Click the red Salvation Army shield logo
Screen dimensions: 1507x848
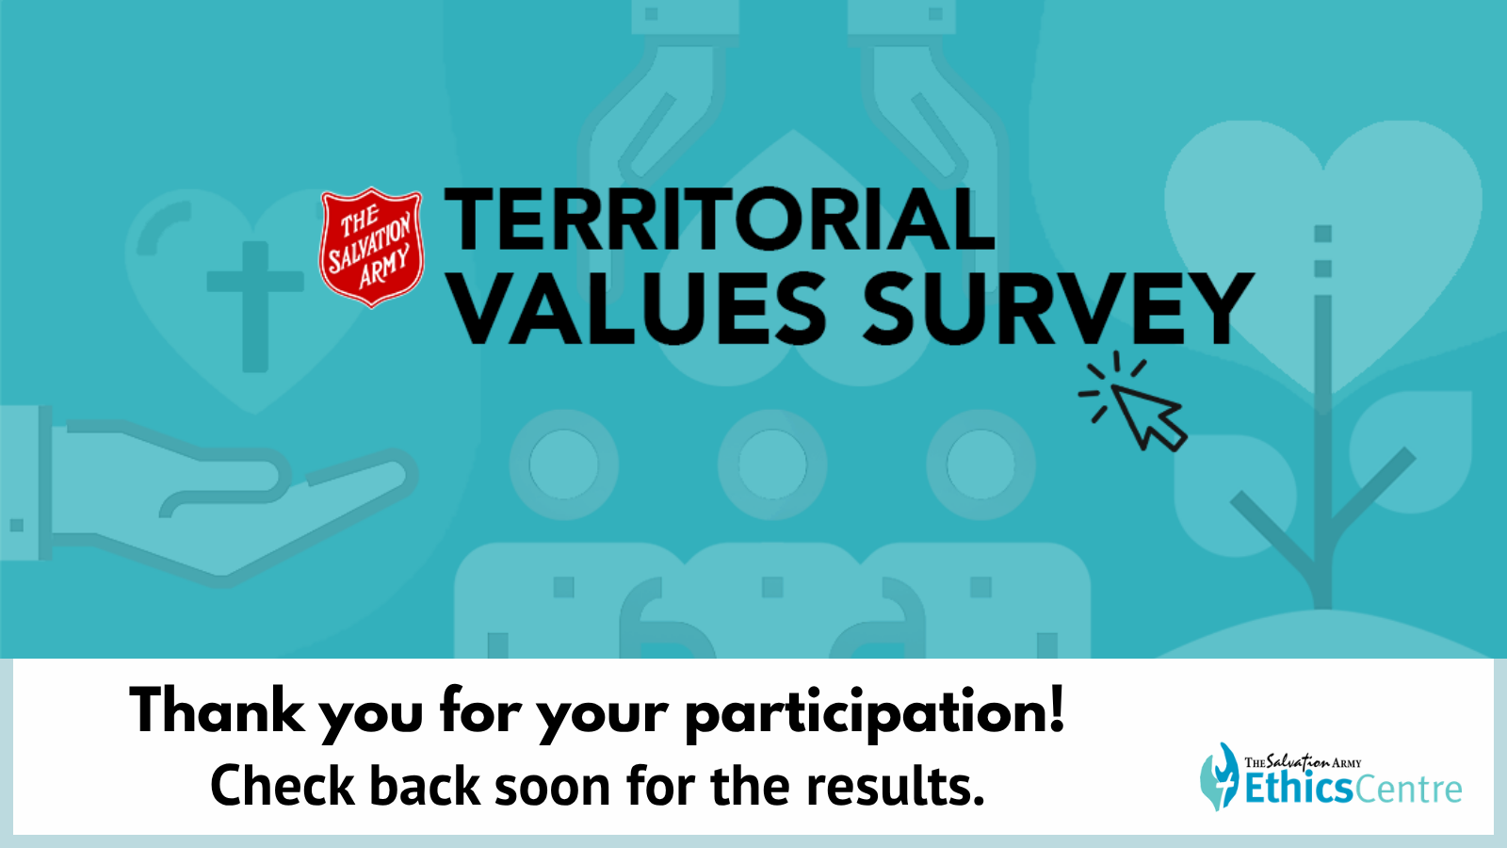tap(371, 247)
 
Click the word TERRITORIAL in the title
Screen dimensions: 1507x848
tap(720, 220)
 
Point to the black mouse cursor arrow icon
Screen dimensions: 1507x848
tap(1143, 412)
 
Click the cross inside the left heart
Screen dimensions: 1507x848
tap(255, 306)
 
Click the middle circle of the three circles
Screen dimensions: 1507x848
tap(772, 465)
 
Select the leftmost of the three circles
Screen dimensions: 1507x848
tap(564, 465)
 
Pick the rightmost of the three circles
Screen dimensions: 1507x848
tap(980, 465)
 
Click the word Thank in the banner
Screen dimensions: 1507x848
tap(217, 710)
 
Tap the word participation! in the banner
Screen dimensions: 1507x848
tap(875, 714)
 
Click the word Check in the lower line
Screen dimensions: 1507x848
tap(283, 786)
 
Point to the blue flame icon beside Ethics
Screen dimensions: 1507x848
tap(1219, 776)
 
